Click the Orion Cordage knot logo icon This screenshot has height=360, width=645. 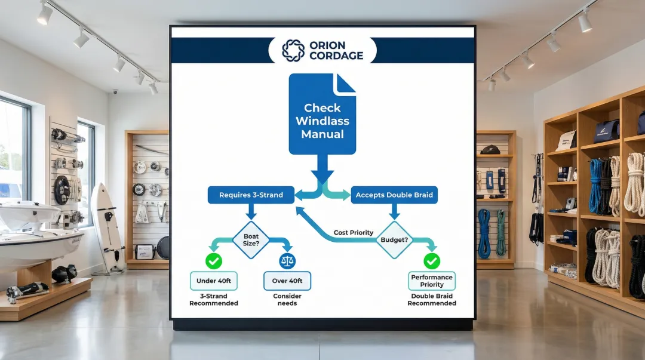pos(293,51)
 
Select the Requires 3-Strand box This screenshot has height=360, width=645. pos(251,195)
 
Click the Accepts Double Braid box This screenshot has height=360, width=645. pos(394,195)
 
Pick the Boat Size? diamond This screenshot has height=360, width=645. pos(251,240)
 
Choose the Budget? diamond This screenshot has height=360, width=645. pos(394,240)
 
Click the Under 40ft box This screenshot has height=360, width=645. pos(213,281)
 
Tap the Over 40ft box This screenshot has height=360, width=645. pos(287,281)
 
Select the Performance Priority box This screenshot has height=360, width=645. pos(432,281)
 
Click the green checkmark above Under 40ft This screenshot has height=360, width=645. pos(213,261)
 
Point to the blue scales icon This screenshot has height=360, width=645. pos(287,261)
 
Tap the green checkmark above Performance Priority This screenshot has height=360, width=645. pos(432,261)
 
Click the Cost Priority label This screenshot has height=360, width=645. pos(353,232)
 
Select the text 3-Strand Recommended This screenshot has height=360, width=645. pos(213,300)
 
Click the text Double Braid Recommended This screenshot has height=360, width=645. pos(432,300)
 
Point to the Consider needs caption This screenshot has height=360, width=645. pos(287,300)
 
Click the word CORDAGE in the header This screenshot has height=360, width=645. pos(336,56)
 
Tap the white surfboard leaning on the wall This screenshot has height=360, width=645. pos(107,224)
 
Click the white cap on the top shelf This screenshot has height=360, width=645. pos(566,141)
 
